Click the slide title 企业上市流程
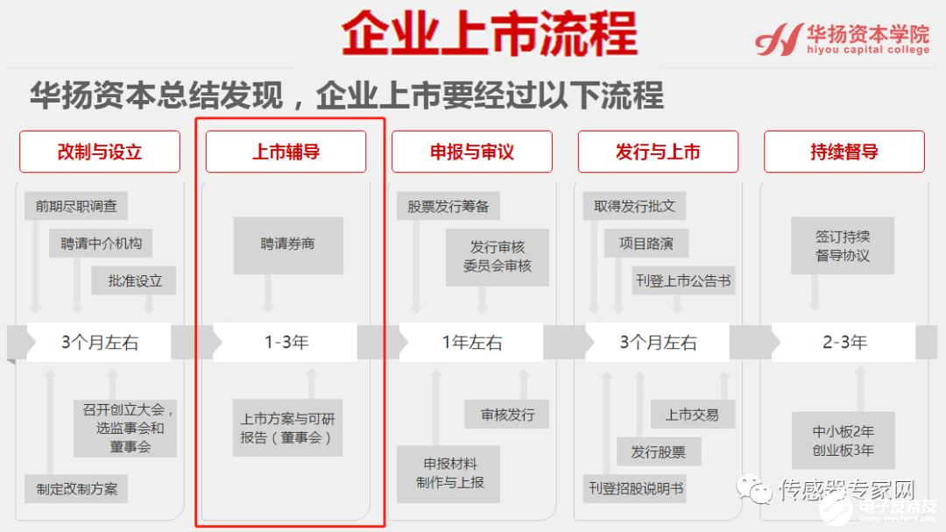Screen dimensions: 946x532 pyautogui.click(x=489, y=36)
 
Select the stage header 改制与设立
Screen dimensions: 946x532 pyautogui.click(x=99, y=152)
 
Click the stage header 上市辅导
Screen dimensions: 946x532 pyautogui.click(x=286, y=152)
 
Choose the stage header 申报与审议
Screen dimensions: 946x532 pyautogui.click(x=471, y=152)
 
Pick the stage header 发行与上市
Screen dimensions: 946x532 pyautogui.click(x=658, y=152)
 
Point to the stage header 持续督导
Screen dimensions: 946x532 pyautogui.click(x=844, y=152)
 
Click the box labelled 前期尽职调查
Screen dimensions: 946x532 pyautogui.click(x=76, y=206)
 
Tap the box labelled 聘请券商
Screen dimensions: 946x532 pyautogui.click(x=287, y=245)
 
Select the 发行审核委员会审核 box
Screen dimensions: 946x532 pyautogui.click(x=497, y=256)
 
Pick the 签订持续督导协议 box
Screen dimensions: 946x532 pyautogui.click(x=842, y=246)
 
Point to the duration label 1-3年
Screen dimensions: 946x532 pyautogui.click(x=286, y=343)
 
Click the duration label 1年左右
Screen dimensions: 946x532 pyautogui.click(x=472, y=343)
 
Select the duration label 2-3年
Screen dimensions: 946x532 pyautogui.click(x=844, y=343)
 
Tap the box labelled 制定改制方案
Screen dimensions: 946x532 pyautogui.click(x=76, y=489)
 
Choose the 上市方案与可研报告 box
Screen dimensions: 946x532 pyautogui.click(x=287, y=429)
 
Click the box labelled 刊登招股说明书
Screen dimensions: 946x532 pyautogui.click(x=635, y=488)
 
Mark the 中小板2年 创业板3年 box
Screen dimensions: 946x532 pyautogui.click(x=842, y=441)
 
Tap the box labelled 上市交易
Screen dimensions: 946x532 pyautogui.click(x=692, y=415)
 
